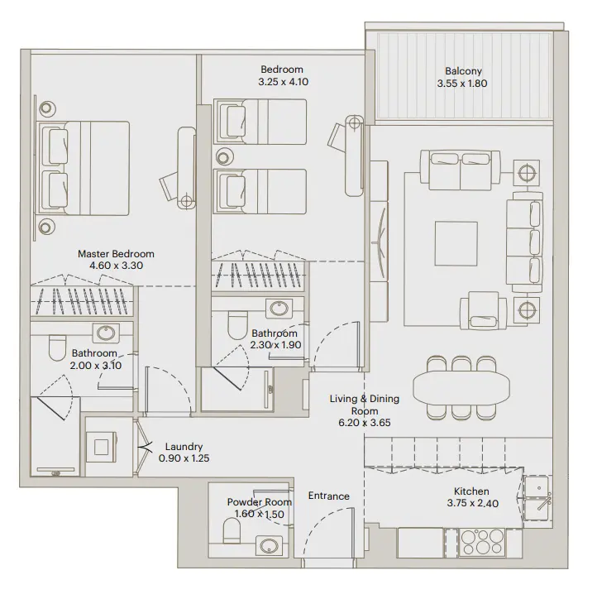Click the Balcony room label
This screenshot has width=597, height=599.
coord(459,71)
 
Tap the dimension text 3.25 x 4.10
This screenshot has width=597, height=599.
coord(282,82)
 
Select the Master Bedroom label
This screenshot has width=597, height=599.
coord(116,254)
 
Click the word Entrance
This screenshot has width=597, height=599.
coord(328,496)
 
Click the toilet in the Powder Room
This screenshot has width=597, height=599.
coord(232,530)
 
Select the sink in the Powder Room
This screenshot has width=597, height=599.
coord(268,545)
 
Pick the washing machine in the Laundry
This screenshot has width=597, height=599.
coord(105,448)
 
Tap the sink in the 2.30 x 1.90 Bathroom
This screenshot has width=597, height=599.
coord(278,309)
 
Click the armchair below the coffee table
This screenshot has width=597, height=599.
coord(482,310)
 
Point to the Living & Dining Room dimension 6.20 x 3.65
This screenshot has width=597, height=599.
coord(365,422)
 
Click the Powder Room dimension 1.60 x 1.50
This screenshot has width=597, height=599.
coord(260,514)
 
